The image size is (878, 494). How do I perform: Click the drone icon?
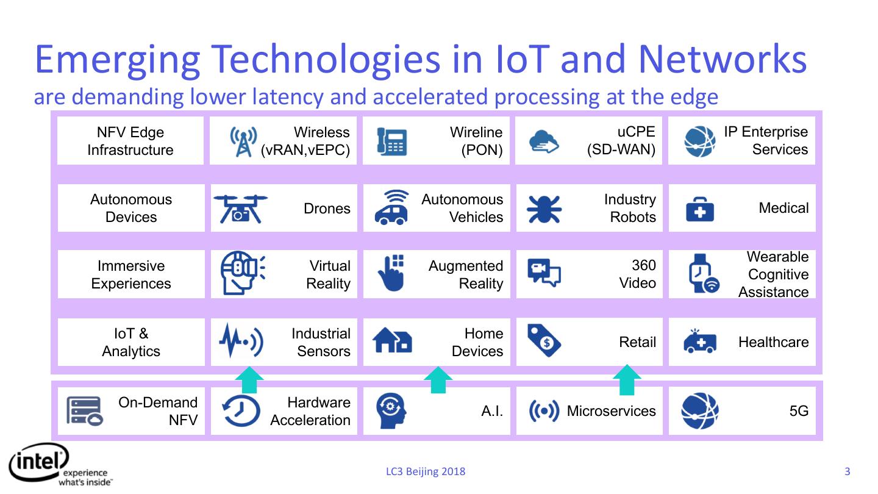pyautogui.click(x=241, y=209)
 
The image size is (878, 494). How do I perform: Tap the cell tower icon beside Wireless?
pyautogui.click(x=243, y=141)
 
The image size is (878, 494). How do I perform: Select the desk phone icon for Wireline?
pyautogui.click(x=391, y=141)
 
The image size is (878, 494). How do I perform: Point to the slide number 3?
pyautogui.click(x=847, y=471)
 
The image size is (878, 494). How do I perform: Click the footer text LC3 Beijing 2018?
pyautogui.click(x=426, y=471)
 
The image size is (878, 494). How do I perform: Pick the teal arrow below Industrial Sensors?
pyautogui.click(x=249, y=379)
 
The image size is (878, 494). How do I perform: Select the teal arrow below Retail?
pyautogui.click(x=627, y=379)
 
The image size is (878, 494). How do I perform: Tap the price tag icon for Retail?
pyautogui.click(x=544, y=342)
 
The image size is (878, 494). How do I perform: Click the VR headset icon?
pyautogui.click(x=242, y=274)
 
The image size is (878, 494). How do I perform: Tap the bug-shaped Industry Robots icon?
pyautogui.click(x=544, y=209)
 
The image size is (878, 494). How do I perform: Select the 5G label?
pyautogui.click(x=799, y=411)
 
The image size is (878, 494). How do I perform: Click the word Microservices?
pyautogui.click(x=611, y=411)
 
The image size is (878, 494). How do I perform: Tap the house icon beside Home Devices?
pyautogui.click(x=392, y=342)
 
